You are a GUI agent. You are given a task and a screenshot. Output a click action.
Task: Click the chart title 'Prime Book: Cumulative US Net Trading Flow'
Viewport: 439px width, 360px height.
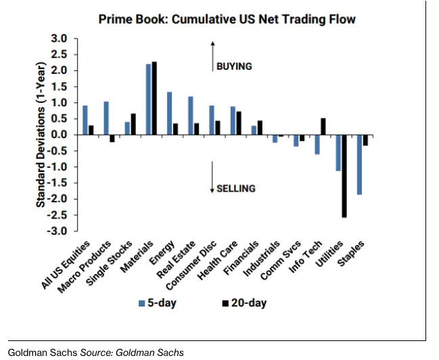(227, 19)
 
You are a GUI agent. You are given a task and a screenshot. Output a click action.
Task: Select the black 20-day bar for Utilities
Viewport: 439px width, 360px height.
(344, 176)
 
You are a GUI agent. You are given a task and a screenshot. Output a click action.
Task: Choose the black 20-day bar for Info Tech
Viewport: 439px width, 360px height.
(323, 127)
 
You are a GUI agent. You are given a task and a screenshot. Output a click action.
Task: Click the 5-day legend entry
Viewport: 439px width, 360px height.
(157, 302)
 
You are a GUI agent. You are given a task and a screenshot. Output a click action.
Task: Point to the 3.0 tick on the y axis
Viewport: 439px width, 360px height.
(60, 39)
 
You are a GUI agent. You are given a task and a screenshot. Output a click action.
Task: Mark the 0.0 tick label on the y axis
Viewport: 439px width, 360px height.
(60, 135)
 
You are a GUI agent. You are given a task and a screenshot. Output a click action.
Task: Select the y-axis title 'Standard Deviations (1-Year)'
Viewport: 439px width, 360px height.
(41, 135)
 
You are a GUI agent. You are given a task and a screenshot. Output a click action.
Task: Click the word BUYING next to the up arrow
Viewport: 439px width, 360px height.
(234, 66)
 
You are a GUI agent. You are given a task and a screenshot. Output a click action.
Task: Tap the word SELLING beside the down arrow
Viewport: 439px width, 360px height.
(236, 188)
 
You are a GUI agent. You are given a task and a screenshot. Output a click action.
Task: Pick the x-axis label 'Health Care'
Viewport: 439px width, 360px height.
(215, 260)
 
